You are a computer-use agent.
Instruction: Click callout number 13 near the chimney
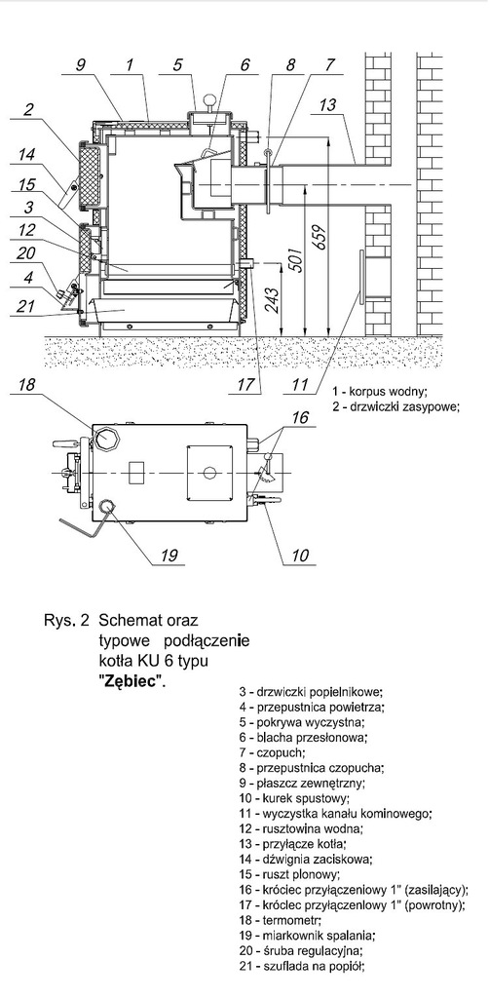327,104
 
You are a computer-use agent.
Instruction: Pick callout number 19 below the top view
168,555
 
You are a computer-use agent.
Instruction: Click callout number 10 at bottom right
299,555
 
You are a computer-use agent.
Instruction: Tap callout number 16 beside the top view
300,417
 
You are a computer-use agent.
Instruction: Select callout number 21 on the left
26,306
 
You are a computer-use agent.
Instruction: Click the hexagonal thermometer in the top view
103,439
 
